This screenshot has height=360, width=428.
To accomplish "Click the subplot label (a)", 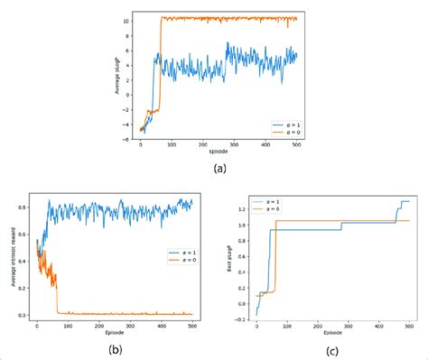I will pyautogui.click(x=219, y=169).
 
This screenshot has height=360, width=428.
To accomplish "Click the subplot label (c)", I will pyautogui.click(x=332, y=348).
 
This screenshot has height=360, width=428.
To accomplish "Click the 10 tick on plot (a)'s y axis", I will pyautogui.click(x=131, y=20).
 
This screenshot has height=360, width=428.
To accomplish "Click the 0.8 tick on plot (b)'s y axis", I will pyautogui.click(x=25, y=208).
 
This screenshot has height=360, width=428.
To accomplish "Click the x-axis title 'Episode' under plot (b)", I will pyautogui.click(x=115, y=328).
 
